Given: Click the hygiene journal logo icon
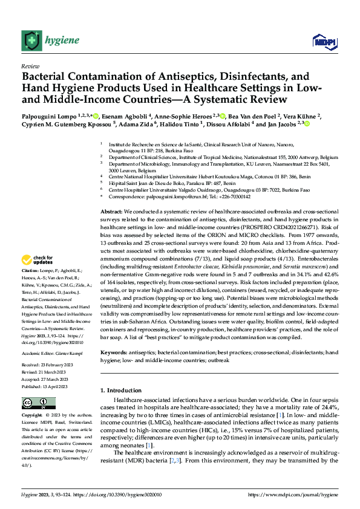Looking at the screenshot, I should pos(31,41).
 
